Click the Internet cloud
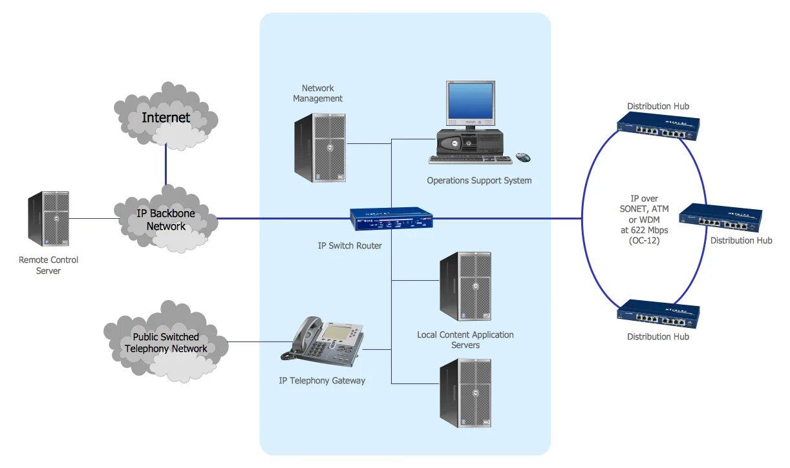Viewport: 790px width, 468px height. [165, 117]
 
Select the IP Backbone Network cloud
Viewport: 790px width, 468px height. [165, 219]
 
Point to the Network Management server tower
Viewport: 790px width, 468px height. [320, 147]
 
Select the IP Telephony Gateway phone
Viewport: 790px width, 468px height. [323, 339]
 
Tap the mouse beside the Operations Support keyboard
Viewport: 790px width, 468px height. [523, 158]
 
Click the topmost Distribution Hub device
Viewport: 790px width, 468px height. [658, 127]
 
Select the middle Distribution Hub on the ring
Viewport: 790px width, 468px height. [721, 218]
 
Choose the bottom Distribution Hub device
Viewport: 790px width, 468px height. [658, 314]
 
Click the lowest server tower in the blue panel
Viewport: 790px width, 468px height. [465, 392]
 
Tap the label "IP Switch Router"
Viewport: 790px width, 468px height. [350, 246]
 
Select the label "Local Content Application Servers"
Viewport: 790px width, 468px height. [465, 340]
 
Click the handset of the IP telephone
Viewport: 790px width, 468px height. [301, 334]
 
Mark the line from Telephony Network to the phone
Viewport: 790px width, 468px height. [255, 341]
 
